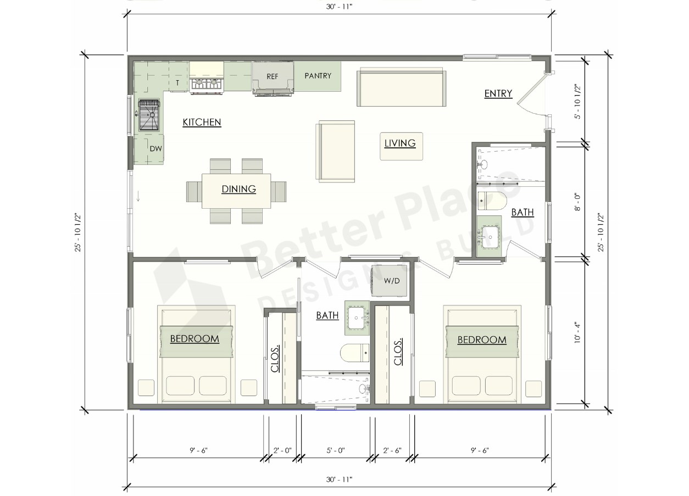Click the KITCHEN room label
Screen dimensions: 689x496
point(202,122)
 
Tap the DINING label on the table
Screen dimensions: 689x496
point(238,189)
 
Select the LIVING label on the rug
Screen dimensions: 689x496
point(400,143)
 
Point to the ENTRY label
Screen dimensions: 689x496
point(498,93)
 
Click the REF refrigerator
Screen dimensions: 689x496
point(273,78)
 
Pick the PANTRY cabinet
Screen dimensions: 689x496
point(318,76)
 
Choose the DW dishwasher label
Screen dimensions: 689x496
point(155,149)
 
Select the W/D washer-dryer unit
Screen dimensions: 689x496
point(390,281)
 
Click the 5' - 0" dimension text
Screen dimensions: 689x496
point(336,450)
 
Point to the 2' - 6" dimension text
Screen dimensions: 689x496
point(392,450)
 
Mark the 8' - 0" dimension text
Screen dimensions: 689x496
point(577,202)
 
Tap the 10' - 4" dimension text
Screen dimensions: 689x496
point(577,332)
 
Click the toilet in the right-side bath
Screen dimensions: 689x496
point(492,201)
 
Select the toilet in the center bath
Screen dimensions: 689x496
point(355,353)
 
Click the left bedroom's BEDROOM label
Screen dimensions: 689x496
point(195,339)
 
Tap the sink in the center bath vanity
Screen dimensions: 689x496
point(357,318)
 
